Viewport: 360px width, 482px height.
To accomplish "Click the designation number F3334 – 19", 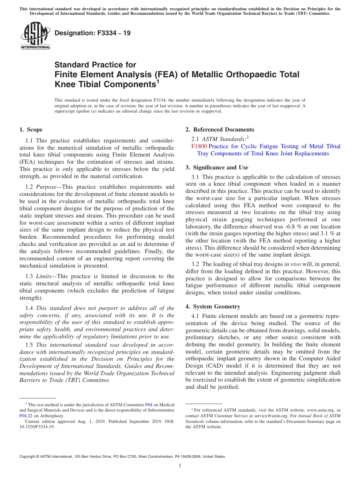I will [92, 33].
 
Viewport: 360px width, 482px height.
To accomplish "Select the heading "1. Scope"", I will [31, 130].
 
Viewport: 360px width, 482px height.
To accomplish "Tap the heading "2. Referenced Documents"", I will [220, 130].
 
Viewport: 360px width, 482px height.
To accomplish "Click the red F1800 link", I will [199, 146].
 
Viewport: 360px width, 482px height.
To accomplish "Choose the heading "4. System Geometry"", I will [213, 307].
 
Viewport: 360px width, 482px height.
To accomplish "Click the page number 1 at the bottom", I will [180, 465].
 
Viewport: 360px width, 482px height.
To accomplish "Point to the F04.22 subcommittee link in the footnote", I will [25, 415].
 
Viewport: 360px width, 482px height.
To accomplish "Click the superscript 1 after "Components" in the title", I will [158, 81].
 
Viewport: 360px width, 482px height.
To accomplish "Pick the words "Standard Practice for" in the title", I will [95, 65].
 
